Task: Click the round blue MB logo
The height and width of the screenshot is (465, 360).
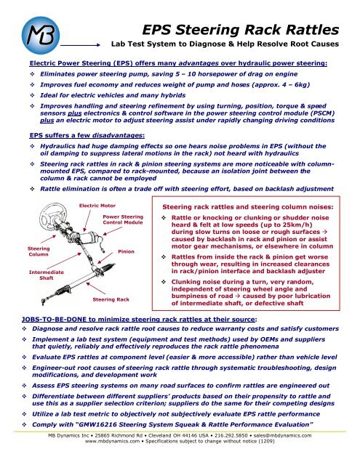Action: pyautogui.click(x=40, y=36)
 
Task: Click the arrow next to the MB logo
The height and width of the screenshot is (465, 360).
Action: pyautogui.click(x=81, y=45)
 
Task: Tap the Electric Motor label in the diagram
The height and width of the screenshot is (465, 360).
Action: pyautogui.click(x=97, y=206)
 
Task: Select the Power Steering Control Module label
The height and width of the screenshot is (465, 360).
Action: pyautogui.click(x=123, y=219)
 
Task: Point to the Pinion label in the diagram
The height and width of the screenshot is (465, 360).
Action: pyautogui.click(x=126, y=251)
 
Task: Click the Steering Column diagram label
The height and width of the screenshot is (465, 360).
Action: pyautogui.click(x=39, y=251)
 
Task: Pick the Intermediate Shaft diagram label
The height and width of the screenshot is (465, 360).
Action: pyautogui.click(x=47, y=275)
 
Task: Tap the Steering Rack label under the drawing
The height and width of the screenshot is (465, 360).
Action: pyautogui.click(x=111, y=299)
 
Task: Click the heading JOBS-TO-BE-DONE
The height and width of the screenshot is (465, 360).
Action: pyautogui.click(x=54, y=320)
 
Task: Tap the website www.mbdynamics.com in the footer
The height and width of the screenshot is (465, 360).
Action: pyautogui.click(x=112, y=441)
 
